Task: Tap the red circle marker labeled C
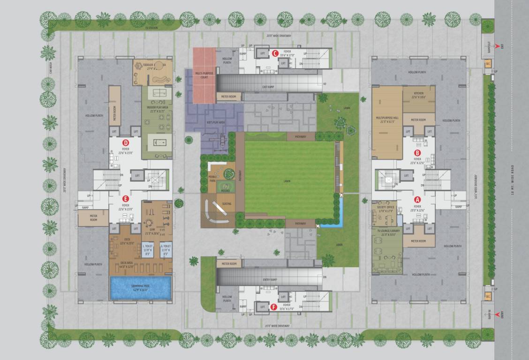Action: pyautogui.click(x=275, y=53)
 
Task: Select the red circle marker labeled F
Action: pyautogui.click(x=274, y=307)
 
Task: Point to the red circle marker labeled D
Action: pyautogui.click(x=125, y=142)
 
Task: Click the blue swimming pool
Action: pyautogui.click(x=140, y=288)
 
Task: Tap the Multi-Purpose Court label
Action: pyautogui.click(x=204, y=75)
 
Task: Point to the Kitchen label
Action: pyautogui.click(x=419, y=95)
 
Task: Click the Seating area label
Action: pyautogui.click(x=227, y=203)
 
